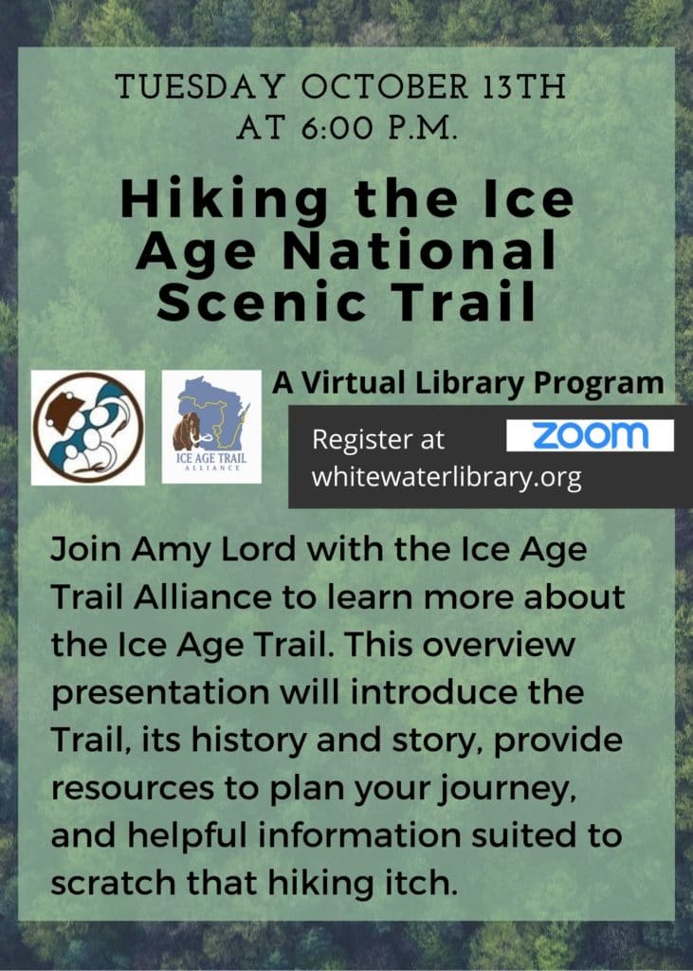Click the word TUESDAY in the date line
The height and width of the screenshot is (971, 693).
coord(200,86)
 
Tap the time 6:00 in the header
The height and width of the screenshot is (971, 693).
coord(337,129)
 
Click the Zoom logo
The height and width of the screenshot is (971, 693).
coord(590,435)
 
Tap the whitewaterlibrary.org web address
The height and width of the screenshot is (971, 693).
coord(447,478)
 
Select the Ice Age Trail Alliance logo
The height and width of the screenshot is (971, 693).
coord(211,427)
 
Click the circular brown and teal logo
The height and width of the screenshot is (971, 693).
coord(88,428)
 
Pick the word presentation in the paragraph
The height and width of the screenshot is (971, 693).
coord(160,693)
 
